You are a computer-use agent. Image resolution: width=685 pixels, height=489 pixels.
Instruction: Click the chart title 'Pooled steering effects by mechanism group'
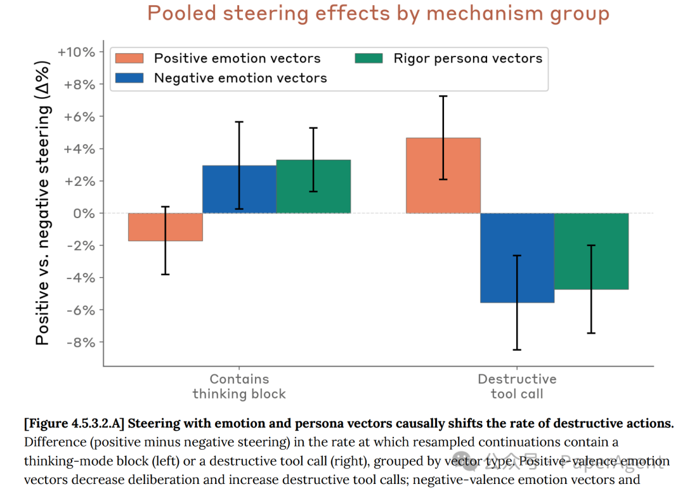(x=378, y=14)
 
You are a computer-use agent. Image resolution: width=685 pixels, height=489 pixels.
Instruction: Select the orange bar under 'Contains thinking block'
(x=165, y=227)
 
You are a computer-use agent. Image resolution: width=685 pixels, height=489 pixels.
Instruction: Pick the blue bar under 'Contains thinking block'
(x=239, y=189)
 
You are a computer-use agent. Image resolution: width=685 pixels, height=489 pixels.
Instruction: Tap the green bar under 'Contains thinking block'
(x=313, y=186)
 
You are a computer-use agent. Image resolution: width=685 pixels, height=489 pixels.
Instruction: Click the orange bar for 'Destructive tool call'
(x=443, y=176)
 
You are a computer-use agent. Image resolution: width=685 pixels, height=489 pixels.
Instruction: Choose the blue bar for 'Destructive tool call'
(x=517, y=258)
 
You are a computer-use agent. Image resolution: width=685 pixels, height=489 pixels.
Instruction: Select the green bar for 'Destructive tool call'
(x=591, y=251)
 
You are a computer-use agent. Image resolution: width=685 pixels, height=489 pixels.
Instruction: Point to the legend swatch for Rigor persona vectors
(x=369, y=58)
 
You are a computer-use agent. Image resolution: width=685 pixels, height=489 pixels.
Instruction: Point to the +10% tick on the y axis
(x=75, y=52)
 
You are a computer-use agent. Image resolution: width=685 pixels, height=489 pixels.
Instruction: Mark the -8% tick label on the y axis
(x=78, y=342)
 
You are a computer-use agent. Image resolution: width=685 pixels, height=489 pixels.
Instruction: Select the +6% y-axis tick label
(x=77, y=117)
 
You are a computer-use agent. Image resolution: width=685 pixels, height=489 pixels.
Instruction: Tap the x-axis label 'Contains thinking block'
(x=239, y=386)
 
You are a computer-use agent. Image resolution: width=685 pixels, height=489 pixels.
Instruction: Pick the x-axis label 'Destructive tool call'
(x=517, y=386)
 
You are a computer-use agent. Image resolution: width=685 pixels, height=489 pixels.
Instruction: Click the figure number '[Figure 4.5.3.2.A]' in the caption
(x=77, y=424)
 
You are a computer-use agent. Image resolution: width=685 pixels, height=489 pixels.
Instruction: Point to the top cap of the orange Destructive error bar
(x=443, y=96)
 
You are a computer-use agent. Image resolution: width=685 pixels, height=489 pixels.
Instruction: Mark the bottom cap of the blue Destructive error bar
(x=517, y=349)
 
